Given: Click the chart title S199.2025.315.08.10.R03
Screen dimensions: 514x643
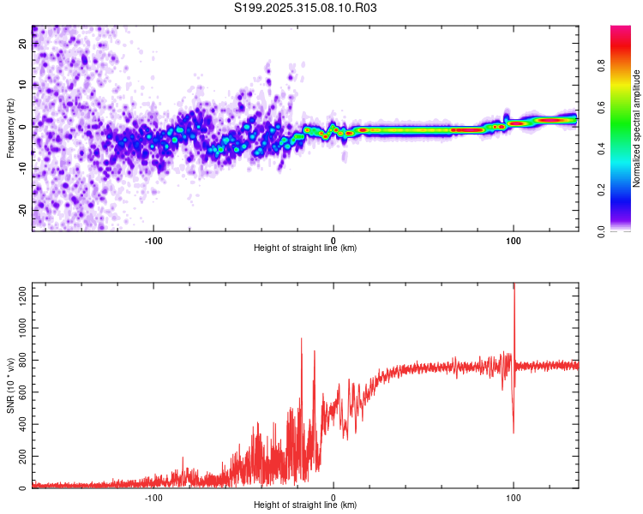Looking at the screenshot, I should (306, 9).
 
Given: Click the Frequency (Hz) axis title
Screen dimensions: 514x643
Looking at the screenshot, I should (10, 128).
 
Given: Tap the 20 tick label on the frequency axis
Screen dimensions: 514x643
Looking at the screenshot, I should (22, 45).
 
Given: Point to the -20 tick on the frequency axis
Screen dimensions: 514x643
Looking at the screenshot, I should (21, 210).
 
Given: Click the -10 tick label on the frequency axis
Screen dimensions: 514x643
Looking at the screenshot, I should (21, 169).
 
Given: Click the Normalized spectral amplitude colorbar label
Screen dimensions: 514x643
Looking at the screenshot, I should (637, 128).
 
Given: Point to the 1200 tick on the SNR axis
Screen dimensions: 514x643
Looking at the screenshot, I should (17, 296).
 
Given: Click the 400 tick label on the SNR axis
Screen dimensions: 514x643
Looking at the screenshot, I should (20, 425).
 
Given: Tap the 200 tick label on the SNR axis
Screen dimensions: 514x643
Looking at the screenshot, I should (20, 457).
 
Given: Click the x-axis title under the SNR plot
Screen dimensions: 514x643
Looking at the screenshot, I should (306, 505).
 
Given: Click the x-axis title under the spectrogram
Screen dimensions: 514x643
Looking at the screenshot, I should (306, 248).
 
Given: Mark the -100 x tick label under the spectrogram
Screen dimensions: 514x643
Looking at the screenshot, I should (153, 240).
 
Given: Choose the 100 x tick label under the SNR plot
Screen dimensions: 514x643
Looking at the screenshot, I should (514, 497).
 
